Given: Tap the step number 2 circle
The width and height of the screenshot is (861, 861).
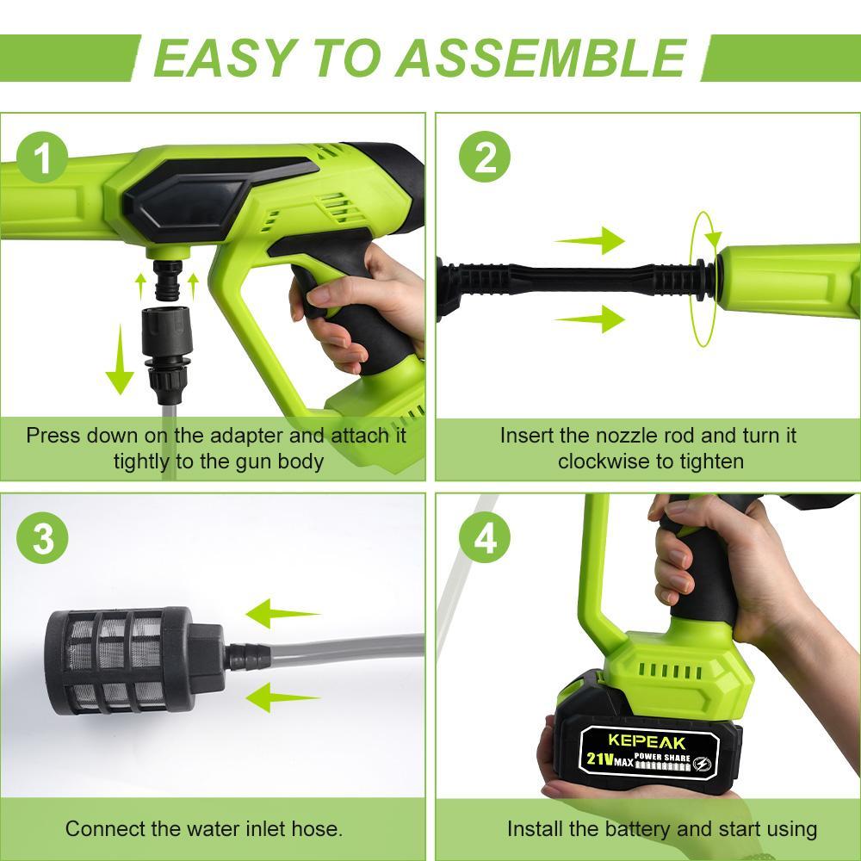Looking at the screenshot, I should coord(485,158).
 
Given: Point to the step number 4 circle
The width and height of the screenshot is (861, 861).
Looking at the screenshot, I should coord(485,539).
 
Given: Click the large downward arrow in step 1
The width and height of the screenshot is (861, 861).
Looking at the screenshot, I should coord(119,365).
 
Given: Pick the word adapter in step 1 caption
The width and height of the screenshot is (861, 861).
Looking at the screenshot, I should coord(240,435).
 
